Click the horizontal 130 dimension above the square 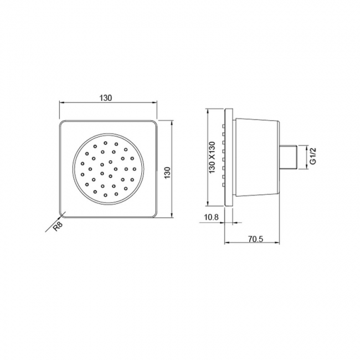pos(106,98)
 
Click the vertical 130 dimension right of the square pos(168,173)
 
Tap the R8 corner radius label pos(58,227)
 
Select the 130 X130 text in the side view pos(212,157)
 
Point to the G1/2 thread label pos(313,156)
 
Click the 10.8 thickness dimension pos(211,217)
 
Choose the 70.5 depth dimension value pos(255,239)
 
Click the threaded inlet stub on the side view pos(289,157)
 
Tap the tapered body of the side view pos(258,157)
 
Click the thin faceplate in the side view pos(229,157)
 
